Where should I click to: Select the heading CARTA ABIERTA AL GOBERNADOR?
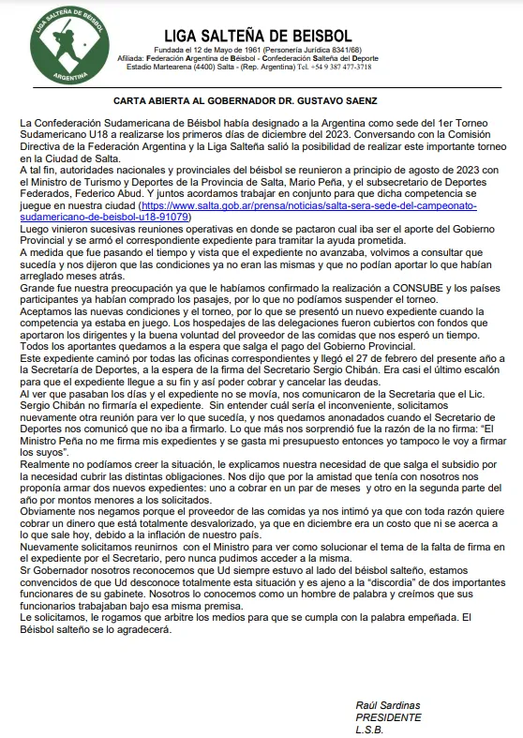pyautogui.click(x=261, y=98)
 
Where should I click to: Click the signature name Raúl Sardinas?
pyautogui.click(x=388, y=704)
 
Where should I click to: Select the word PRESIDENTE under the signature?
pyautogui.click(x=388, y=716)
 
